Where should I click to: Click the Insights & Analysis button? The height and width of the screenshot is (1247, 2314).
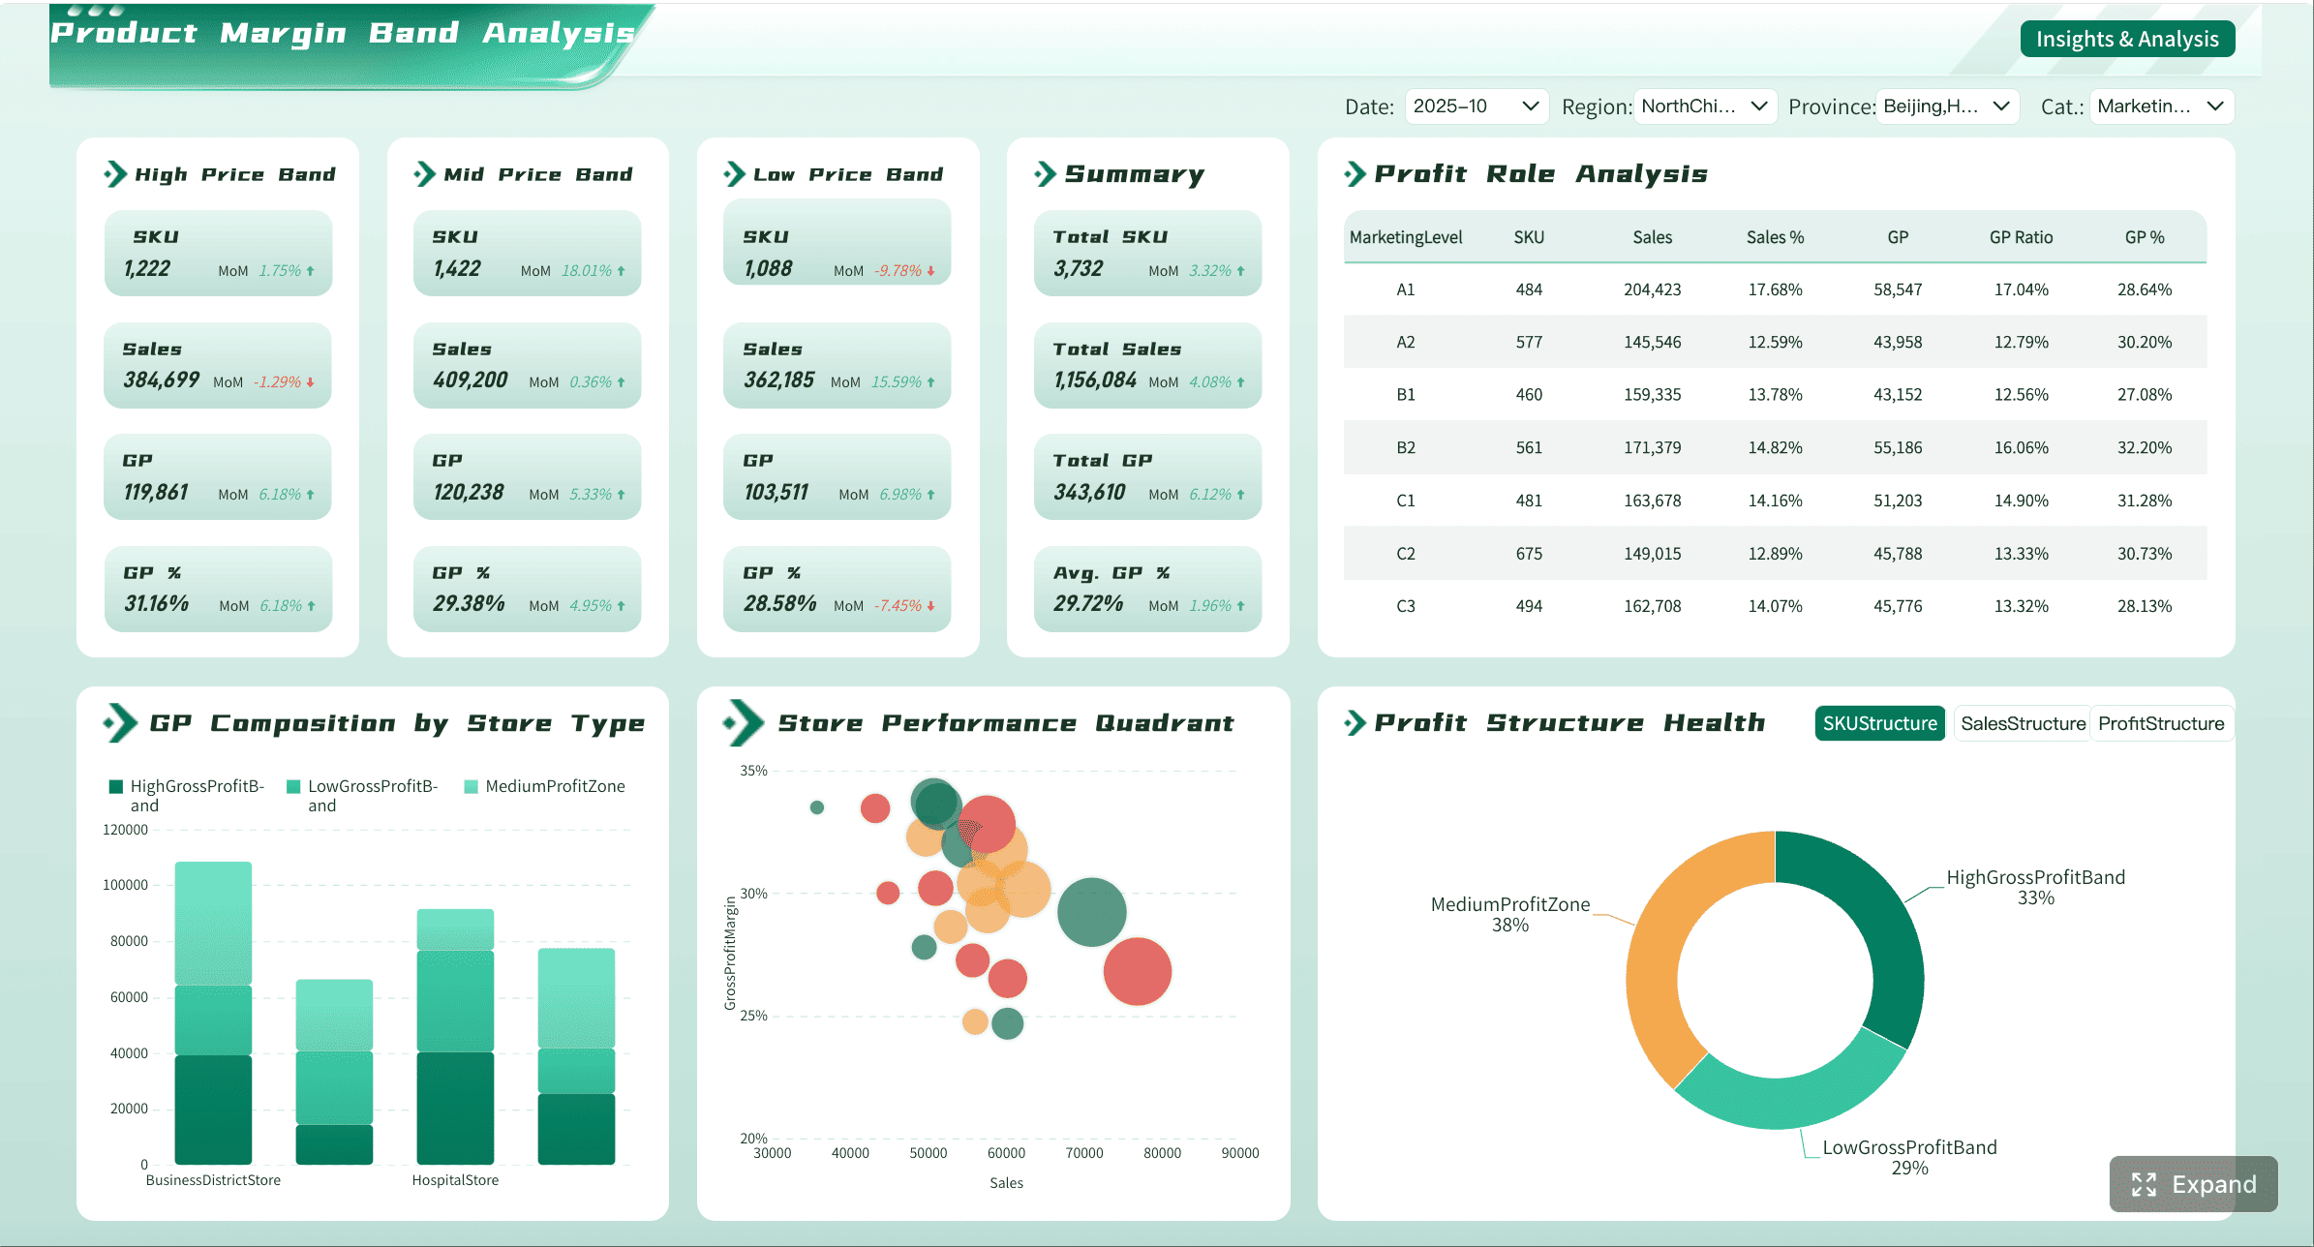click(2127, 39)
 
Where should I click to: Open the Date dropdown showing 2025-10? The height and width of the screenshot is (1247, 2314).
click(1476, 106)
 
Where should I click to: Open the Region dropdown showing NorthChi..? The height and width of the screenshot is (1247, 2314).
click(1704, 106)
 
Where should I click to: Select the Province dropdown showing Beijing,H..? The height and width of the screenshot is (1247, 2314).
click(1947, 106)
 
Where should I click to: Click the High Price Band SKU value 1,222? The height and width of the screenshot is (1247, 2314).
click(147, 269)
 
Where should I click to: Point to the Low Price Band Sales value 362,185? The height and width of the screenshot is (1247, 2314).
click(779, 380)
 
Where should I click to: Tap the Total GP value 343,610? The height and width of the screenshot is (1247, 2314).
click(1090, 493)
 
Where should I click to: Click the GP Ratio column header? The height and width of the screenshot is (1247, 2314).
click(2021, 237)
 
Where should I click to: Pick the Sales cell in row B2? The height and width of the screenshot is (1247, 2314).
click(1652, 447)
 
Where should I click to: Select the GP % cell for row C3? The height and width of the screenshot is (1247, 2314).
click(2144, 606)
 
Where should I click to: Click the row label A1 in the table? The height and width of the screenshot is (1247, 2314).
click(1406, 289)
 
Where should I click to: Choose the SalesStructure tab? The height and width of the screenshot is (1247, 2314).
click(2023, 723)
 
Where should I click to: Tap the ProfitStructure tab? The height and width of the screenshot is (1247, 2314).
click(2161, 723)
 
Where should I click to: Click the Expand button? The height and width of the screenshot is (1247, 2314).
click(2193, 1184)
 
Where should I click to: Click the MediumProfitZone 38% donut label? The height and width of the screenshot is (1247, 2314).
click(1510, 914)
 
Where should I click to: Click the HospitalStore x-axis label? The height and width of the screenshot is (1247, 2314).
click(455, 1180)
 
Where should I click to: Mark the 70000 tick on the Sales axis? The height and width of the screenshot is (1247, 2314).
click(1084, 1153)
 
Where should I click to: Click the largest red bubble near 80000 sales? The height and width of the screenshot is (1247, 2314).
click(1138, 971)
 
